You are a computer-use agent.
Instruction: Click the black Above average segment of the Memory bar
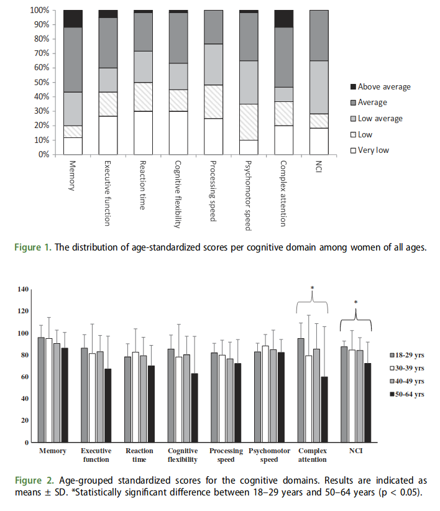pyautogui.click(x=73, y=19)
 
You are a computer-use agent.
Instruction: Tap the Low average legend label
pyautogui.click(x=380, y=118)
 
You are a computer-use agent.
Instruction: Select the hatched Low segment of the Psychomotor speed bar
pyautogui.click(x=249, y=122)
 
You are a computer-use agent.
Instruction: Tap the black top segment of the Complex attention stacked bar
pyautogui.click(x=284, y=19)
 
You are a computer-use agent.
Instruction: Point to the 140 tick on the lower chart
pyautogui.click(x=24, y=289)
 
